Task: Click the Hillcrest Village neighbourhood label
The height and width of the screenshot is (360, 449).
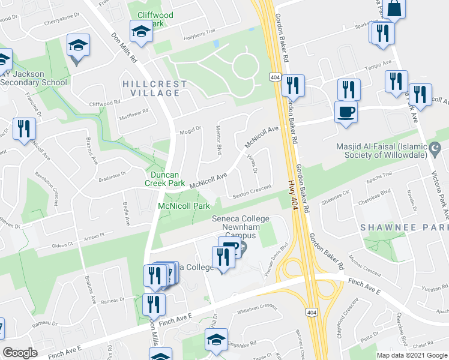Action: [151, 88]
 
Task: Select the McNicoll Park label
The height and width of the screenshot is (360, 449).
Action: [184, 206]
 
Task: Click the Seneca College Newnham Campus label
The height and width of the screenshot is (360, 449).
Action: [240, 224]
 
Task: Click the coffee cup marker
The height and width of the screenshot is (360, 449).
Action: [345, 112]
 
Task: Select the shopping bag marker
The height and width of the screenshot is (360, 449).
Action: [396, 9]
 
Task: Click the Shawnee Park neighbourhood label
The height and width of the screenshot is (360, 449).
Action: [403, 228]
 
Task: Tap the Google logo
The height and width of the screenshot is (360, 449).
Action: [20, 353]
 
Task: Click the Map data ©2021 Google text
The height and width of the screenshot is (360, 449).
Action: [412, 355]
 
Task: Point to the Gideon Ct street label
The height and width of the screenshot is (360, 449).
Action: [62, 244]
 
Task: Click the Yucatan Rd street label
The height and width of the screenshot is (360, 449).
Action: [432, 287]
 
